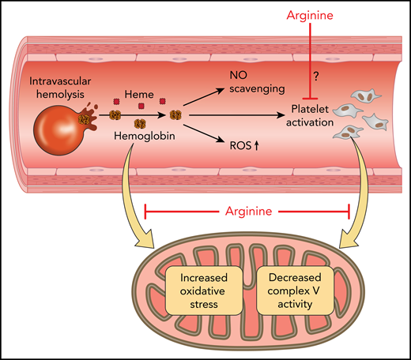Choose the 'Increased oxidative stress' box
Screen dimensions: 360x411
pyautogui.click(x=203, y=292)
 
